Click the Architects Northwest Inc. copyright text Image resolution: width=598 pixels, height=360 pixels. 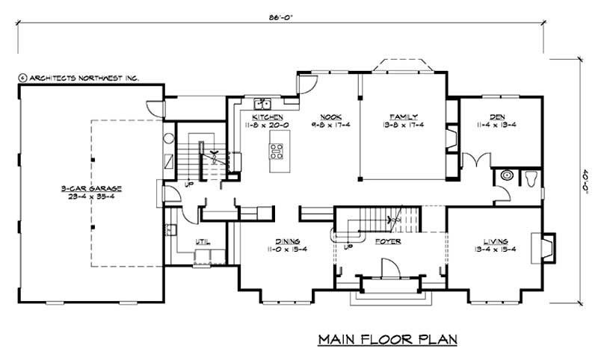[78, 77]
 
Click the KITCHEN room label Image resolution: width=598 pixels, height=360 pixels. [266, 117]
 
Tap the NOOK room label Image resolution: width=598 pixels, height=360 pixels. [330, 117]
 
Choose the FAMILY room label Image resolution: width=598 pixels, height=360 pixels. [402, 117]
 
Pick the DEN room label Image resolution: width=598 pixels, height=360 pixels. [496, 117]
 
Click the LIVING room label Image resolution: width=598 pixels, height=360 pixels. [496, 241]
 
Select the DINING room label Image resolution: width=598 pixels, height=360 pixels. [287, 241]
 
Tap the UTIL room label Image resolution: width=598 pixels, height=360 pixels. [202, 241]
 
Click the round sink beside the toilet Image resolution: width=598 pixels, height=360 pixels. [507, 176]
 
